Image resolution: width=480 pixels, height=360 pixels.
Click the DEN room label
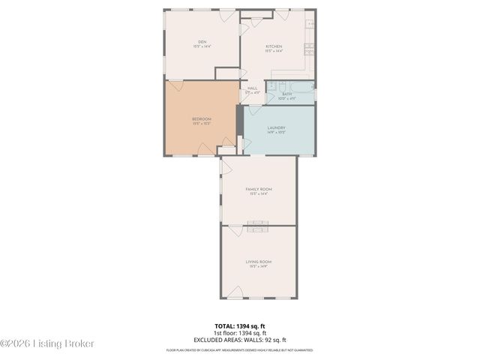point(202,41)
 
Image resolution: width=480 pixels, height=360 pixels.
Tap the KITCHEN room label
point(273,46)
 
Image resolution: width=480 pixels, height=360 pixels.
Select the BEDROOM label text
point(201,119)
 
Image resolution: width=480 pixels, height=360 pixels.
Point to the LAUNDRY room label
point(276,127)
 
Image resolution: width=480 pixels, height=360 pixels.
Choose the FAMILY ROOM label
point(259,189)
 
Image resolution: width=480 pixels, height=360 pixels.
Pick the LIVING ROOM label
point(258,261)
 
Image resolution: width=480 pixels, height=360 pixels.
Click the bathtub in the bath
point(298,85)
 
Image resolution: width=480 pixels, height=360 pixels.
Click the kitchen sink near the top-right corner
point(310,24)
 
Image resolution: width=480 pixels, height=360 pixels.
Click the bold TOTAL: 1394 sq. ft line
point(240,325)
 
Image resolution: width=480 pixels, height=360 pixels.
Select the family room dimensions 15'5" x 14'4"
point(259,194)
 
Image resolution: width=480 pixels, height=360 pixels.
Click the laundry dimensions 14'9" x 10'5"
point(276,133)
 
